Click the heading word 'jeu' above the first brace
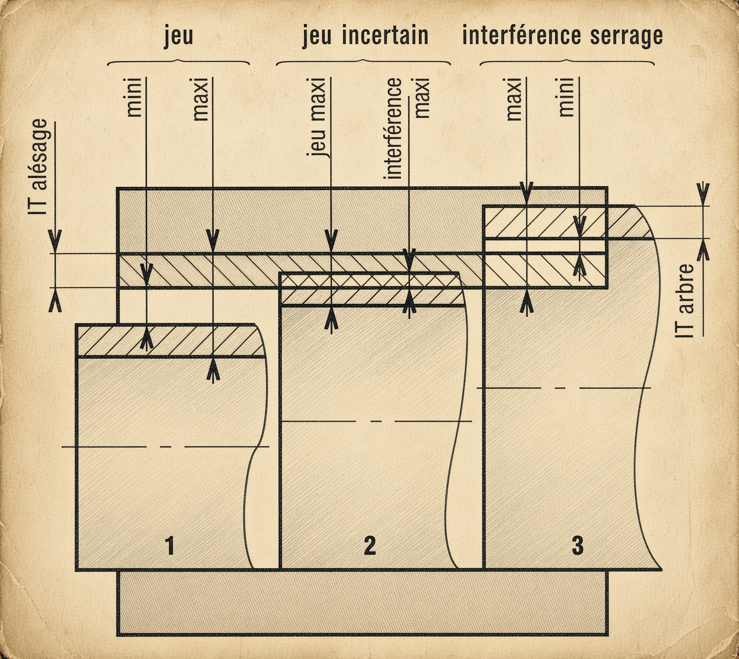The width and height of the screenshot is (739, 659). click(178, 36)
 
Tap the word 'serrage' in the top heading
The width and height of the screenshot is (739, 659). click(626, 36)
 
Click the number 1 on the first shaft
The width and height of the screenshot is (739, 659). click(169, 546)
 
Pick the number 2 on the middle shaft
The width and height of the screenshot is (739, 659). click(369, 546)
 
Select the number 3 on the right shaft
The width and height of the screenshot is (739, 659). click(578, 546)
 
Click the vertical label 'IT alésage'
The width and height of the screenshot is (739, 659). click(38, 166)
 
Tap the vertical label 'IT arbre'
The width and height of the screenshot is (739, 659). click(684, 301)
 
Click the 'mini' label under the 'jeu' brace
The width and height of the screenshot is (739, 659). click(134, 97)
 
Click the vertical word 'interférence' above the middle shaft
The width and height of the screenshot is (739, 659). click(393, 129)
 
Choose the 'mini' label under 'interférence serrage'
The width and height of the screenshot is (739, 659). click(567, 97)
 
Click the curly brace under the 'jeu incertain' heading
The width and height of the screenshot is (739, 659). click(364, 62)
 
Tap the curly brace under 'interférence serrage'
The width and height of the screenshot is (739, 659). click(567, 62)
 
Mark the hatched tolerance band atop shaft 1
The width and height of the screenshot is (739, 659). click(170, 341)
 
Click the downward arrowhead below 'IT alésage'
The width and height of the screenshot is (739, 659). click(55, 242)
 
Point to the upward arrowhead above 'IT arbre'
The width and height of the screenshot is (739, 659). click(703, 250)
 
